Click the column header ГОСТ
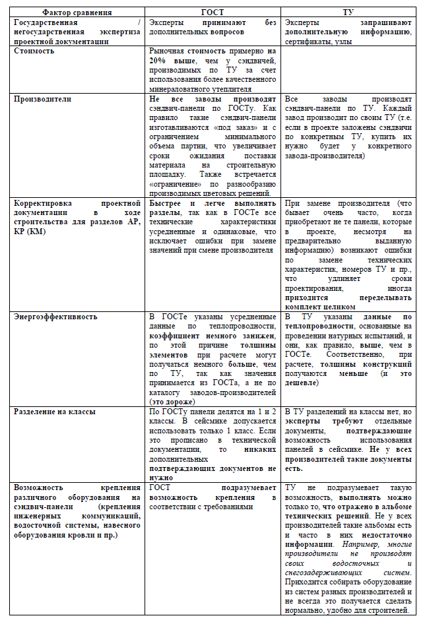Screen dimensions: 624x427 click(213, 13)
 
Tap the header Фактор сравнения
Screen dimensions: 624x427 click(77, 13)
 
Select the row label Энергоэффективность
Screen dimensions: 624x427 click(55, 317)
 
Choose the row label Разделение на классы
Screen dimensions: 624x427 click(55, 412)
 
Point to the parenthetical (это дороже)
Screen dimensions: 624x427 click(172, 401)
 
